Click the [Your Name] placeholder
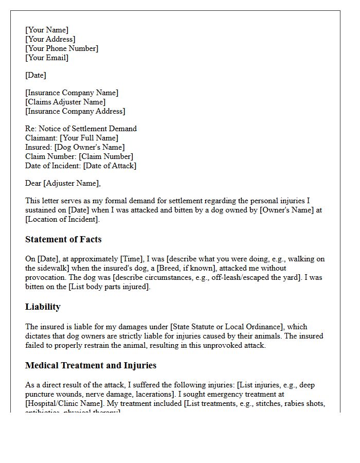pyautogui.click(x=47, y=30)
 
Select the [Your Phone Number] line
pyautogui.click(x=62, y=48)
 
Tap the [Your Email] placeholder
pyautogui.click(x=47, y=58)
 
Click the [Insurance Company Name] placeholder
pyautogui.click(x=71, y=93)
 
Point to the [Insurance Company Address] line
pyautogui.click(x=75, y=111)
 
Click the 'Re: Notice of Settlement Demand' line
pyautogui.click(x=81, y=129)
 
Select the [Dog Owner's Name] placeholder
pyautogui.click(x=89, y=147)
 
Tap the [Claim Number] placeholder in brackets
pyautogui.click(x=106, y=156)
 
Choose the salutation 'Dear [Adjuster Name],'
pyautogui.click(x=63, y=183)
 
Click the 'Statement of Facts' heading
pyautogui.click(x=63, y=239)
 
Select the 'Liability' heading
pyautogui.click(x=43, y=307)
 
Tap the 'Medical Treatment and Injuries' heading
pyautogui.click(x=91, y=365)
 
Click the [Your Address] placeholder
pyautogui.click(x=50, y=39)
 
